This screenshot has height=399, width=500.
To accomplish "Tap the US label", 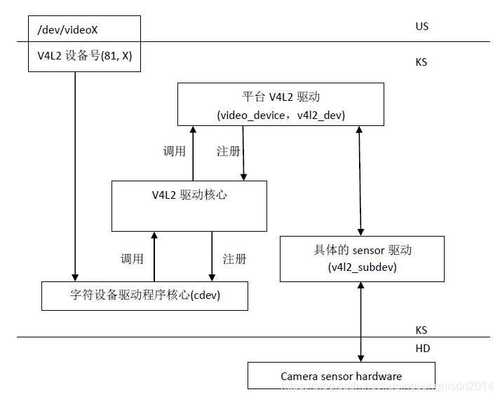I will click(421, 27).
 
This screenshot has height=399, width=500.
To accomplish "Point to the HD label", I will click(422, 349).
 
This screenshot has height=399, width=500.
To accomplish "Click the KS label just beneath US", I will click(421, 62).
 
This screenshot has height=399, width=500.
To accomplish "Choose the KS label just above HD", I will click(421, 330).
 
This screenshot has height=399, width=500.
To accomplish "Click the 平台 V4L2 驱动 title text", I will click(280, 97).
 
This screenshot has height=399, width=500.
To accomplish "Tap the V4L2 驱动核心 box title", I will click(189, 195).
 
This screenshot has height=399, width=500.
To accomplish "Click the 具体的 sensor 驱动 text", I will click(361, 251).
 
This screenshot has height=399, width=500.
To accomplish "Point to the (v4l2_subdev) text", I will click(361, 267).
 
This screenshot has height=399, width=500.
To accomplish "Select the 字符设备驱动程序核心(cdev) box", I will click(145, 295).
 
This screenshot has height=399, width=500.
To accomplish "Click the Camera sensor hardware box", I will click(341, 376).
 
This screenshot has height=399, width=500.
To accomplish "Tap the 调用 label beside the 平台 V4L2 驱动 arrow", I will click(174, 151).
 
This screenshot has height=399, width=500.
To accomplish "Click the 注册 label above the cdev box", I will click(234, 258).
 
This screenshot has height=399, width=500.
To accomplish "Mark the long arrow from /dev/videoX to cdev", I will click(74, 175).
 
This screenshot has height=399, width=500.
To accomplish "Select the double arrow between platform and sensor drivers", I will click(361, 181).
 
